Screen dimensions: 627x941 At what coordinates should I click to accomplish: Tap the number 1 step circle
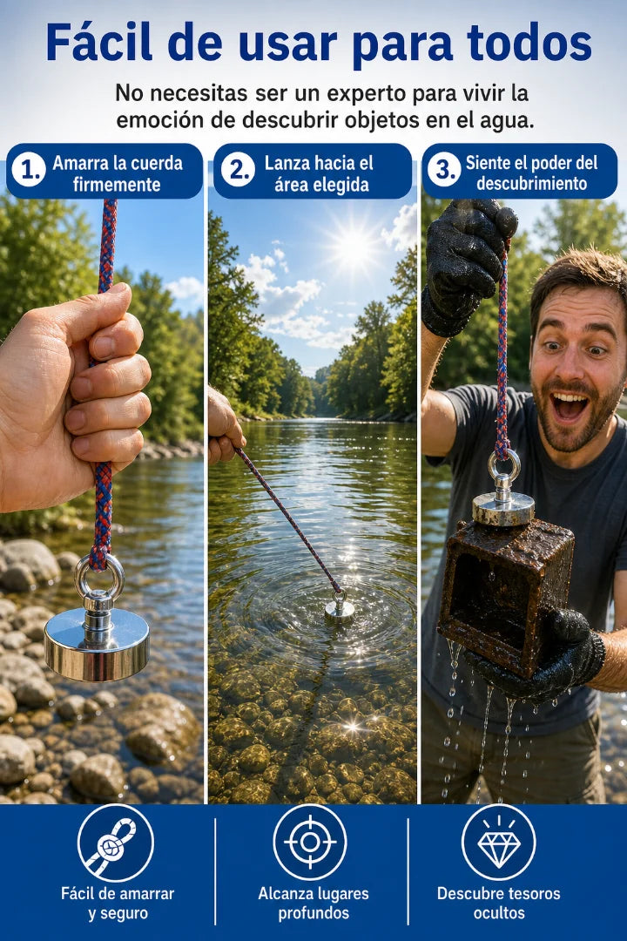point(28,170)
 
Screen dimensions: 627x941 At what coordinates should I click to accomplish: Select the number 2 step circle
point(239,170)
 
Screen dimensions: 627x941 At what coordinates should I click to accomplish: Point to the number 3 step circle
point(444,170)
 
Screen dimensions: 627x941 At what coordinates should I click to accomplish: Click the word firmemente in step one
point(117,184)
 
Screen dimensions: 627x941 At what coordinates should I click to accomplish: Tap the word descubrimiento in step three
point(531,183)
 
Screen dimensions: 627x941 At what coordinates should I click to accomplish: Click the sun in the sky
point(353,247)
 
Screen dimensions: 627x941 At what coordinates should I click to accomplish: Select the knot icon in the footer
point(116,843)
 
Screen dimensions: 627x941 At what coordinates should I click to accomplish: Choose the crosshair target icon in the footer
point(310,842)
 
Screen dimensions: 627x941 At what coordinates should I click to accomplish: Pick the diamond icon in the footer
point(499,842)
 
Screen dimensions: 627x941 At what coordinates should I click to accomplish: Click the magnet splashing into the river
point(339,607)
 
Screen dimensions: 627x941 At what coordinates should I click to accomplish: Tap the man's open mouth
point(570,407)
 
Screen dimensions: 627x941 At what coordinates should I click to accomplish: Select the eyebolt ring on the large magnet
point(99,574)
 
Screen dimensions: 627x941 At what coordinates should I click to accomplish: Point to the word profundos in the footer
point(313,913)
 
